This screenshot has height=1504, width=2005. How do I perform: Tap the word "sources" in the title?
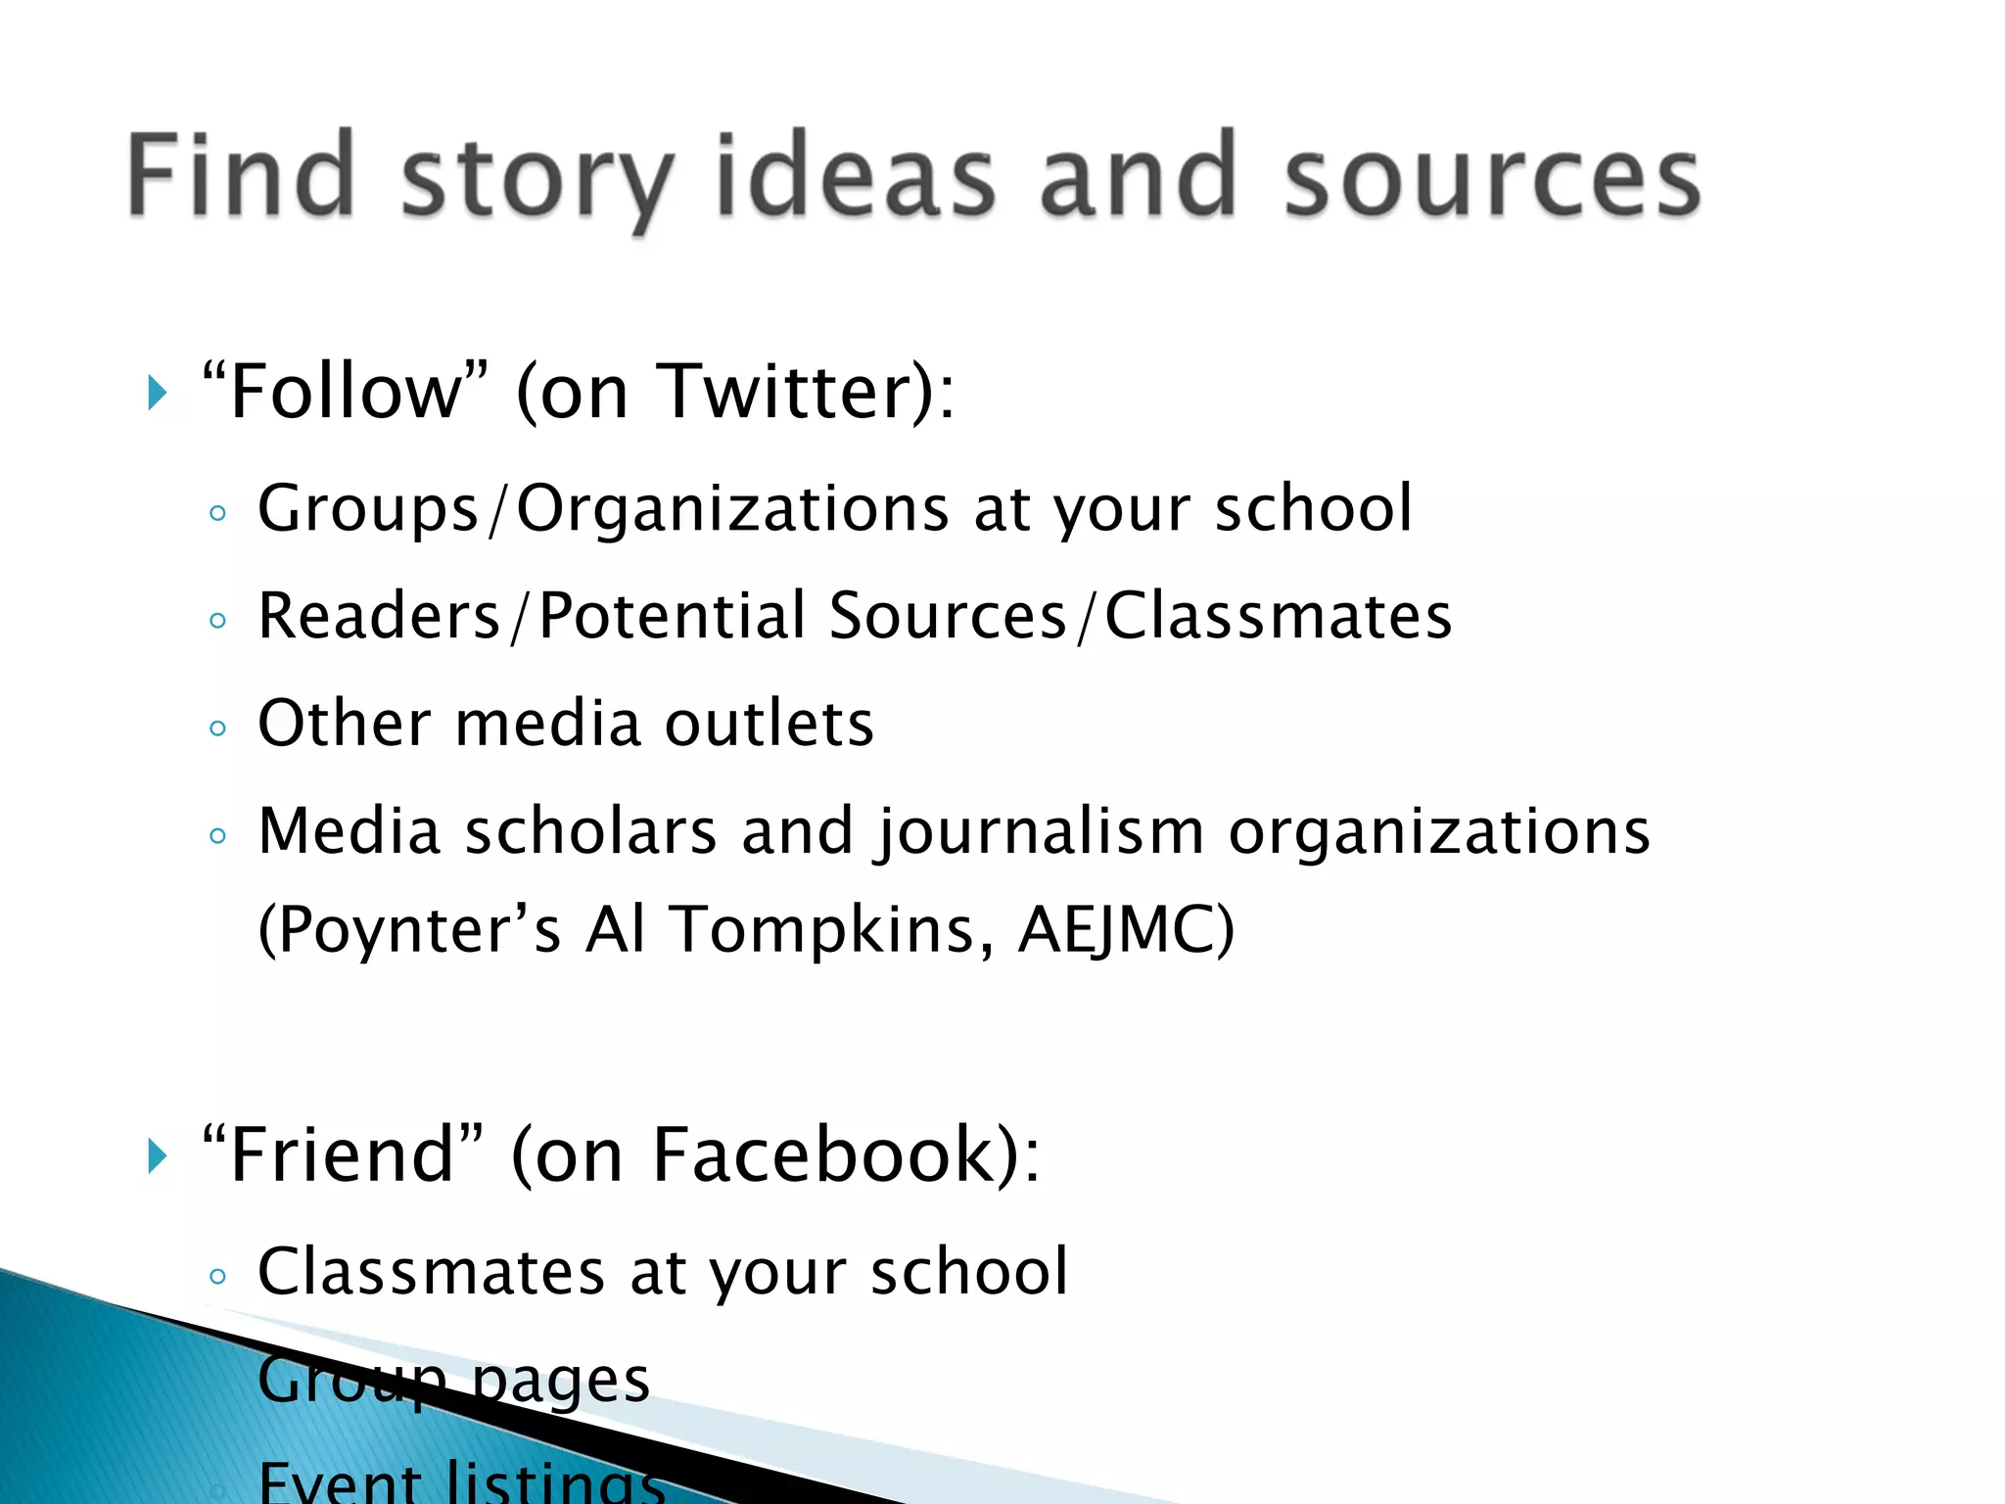(1492, 178)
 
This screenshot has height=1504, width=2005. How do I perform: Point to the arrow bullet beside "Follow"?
(157, 393)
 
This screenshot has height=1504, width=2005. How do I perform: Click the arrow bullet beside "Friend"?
(157, 1156)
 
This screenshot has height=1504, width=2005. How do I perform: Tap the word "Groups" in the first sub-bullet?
(368, 509)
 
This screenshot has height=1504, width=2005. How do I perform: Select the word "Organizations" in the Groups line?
(732, 509)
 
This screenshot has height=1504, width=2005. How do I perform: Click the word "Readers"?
(379, 617)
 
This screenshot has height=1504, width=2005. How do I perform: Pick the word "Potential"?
(673, 617)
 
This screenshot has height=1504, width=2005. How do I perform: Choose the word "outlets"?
(769, 725)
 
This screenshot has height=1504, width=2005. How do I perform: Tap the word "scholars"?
(590, 832)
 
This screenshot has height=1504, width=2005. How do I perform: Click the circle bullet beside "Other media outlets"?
(217, 728)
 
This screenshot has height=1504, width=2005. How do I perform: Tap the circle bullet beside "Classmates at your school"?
(217, 1276)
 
